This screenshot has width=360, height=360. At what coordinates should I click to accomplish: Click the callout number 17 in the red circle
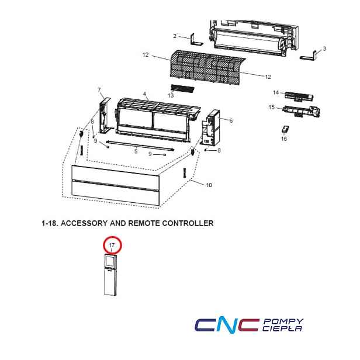[x=112, y=245]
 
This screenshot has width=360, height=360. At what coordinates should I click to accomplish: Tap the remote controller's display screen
[x=110, y=261]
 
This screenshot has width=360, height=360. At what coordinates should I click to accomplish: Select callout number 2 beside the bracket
[x=175, y=36]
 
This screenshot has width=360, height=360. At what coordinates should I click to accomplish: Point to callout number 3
[x=324, y=49]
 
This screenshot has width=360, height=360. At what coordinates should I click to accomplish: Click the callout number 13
[x=171, y=95]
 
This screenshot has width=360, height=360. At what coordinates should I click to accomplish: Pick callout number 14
[x=276, y=92]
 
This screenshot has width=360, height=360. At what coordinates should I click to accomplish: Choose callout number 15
[x=272, y=107]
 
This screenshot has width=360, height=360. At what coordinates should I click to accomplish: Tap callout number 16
[x=284, y=139]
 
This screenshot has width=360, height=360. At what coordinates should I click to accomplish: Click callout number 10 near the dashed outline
[x=209, y=185]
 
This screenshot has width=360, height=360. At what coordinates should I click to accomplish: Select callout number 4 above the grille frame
[x=144, y=94]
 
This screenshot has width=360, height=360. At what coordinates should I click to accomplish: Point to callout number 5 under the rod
[x=136, y=151]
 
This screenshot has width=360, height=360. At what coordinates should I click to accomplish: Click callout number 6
[x=231, y=120]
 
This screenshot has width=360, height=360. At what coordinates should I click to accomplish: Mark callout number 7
[x=99, y=89]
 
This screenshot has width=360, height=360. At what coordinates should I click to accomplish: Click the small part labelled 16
[x=285, y=129]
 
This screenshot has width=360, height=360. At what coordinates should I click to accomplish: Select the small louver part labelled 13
[x=183, y=88]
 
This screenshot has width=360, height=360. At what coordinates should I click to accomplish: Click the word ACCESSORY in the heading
[x=84, y=223]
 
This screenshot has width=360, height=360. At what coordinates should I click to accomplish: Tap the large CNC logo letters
[x=227, y=325]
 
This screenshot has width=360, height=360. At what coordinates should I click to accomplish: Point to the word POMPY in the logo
[x=283, y=321]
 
